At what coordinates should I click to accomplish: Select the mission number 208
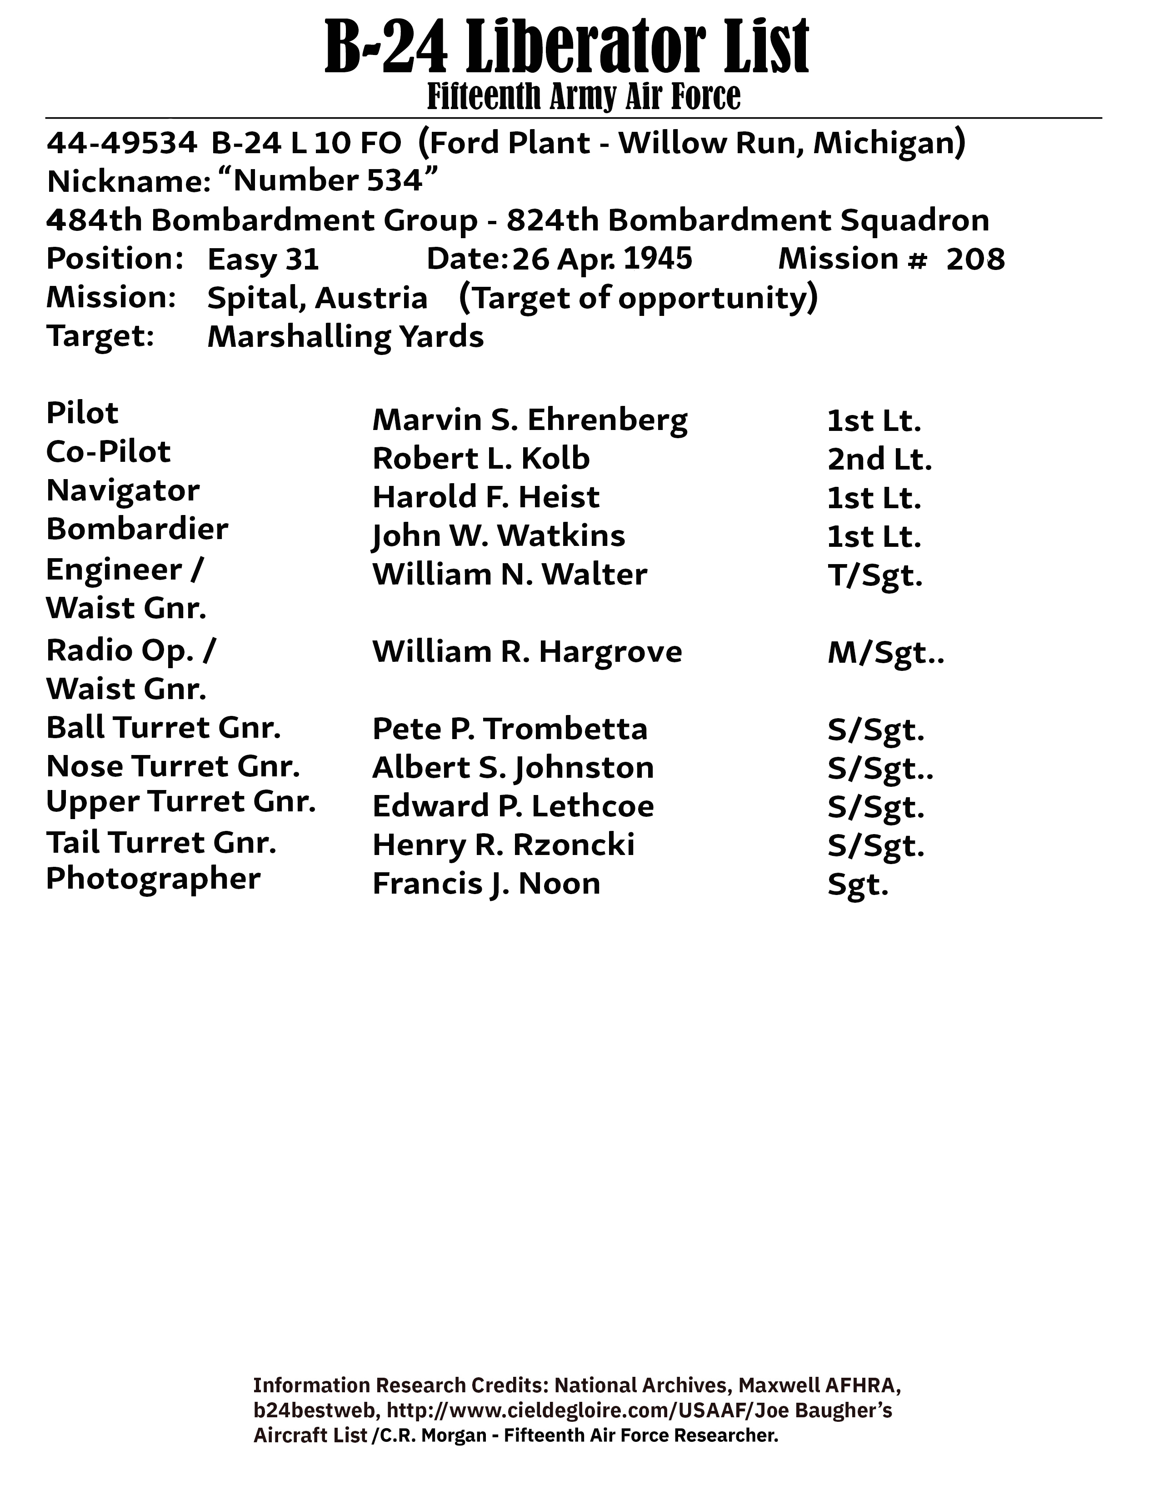pos(975,260)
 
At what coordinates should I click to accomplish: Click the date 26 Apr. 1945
pos(602,259)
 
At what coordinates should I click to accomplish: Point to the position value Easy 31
pos(263,260)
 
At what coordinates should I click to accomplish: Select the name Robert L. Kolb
pos(480,459)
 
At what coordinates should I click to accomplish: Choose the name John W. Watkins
pos(499,536)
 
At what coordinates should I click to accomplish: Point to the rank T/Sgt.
pos(875,575)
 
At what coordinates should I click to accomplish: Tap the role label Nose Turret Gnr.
pos(173,766)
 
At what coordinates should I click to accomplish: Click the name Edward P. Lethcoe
pos(513,807)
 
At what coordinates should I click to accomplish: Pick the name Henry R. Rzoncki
pos(503,845)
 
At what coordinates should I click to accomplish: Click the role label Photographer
pos(153,879)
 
